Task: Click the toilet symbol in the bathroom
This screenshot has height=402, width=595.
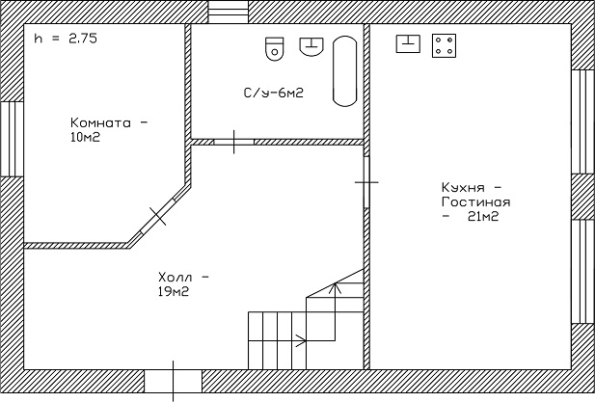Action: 274,49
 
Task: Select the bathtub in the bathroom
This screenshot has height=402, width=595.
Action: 344,71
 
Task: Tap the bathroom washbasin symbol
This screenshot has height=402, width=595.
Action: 311,46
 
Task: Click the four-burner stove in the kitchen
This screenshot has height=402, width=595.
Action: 444,45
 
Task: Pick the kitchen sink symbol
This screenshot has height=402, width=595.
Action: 408,43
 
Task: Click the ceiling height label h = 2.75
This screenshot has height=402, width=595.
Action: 66,39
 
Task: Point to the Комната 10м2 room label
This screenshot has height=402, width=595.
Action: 108,130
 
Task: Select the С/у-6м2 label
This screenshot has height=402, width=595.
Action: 274,93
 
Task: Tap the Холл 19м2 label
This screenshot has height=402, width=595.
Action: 183,284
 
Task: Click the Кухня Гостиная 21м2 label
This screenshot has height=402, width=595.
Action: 475,201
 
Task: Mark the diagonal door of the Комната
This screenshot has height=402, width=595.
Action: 158,216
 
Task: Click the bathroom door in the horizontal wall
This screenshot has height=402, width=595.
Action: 233,142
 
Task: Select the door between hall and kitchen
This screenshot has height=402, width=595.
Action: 366,182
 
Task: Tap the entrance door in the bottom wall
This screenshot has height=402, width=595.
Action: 173,381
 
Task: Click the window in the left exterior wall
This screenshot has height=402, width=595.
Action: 12,139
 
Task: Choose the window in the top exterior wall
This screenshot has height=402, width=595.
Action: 228,12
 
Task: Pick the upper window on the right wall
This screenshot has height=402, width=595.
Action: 583,121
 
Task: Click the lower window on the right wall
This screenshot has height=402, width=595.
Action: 583,272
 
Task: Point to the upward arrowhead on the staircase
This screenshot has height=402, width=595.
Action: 335,288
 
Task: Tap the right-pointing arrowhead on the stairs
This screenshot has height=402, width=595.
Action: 301,340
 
